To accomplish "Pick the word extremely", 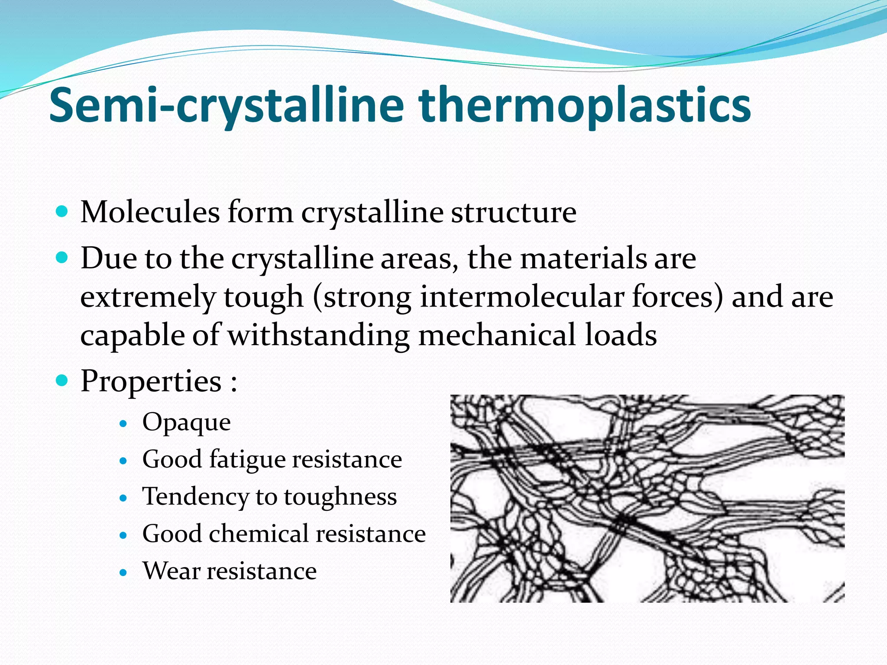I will click(148, 297).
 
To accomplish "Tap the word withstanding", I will click(319, 336).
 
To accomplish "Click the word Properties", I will click(151, 381).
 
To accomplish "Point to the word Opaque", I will click(186, 423).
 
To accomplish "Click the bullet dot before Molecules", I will click(63, 212).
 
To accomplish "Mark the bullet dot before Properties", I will click(63, 381).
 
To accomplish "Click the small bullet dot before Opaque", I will click(124, 423).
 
